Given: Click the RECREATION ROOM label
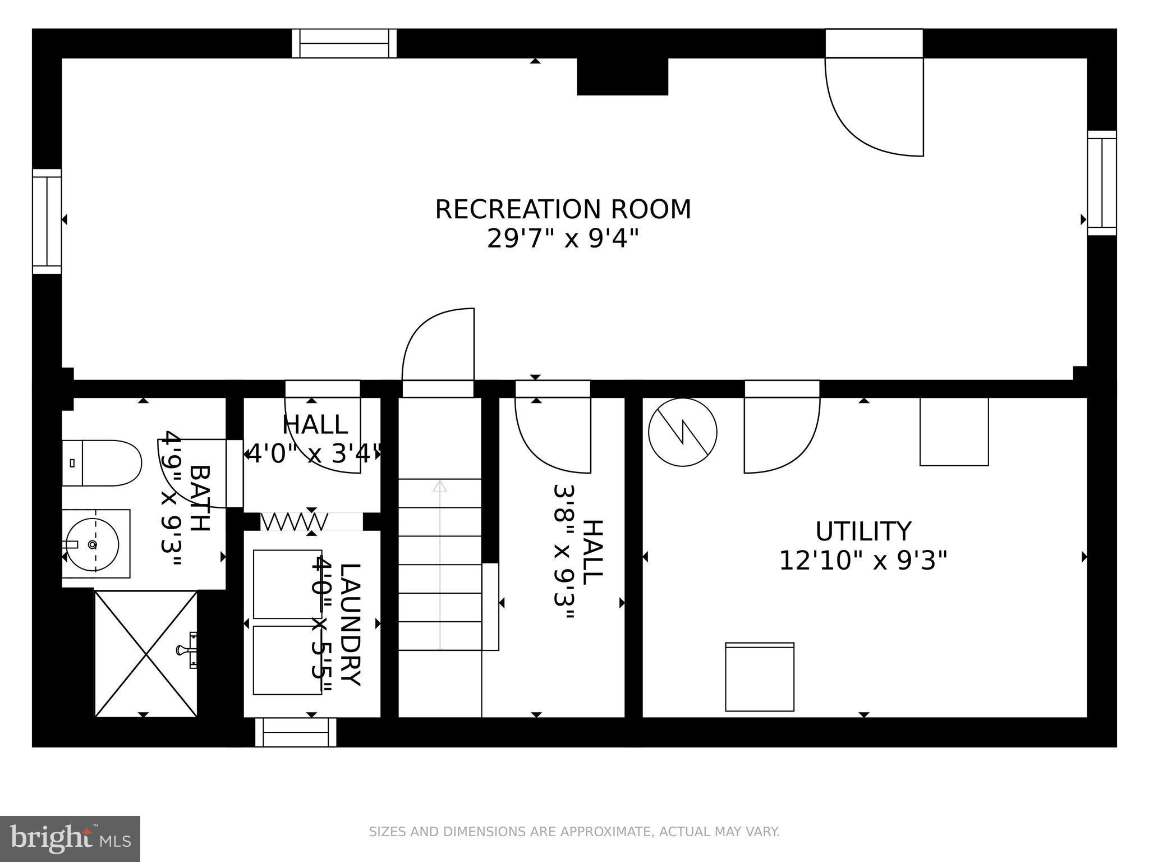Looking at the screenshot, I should [563, 209].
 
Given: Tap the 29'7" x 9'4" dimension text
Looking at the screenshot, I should [563, 239].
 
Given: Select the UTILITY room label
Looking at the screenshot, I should [863, 531].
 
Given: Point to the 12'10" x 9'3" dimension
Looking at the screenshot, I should [863, 560].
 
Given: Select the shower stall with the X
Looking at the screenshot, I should [146, 654].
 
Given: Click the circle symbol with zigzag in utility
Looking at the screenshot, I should [682, 432].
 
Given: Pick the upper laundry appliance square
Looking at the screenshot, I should [287, 584].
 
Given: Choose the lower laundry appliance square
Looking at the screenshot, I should [287, 660].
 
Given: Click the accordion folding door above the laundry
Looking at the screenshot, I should [293, 522].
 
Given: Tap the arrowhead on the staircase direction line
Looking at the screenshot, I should [440, 486].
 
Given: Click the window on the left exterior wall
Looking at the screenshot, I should [47, 221].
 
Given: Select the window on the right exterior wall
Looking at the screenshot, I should [1102, 183].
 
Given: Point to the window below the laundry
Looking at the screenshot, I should [296, 733].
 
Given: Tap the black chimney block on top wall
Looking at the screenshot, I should [622, 76].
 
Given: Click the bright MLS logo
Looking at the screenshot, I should [70, 838].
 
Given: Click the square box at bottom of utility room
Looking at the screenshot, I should [760, 677].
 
